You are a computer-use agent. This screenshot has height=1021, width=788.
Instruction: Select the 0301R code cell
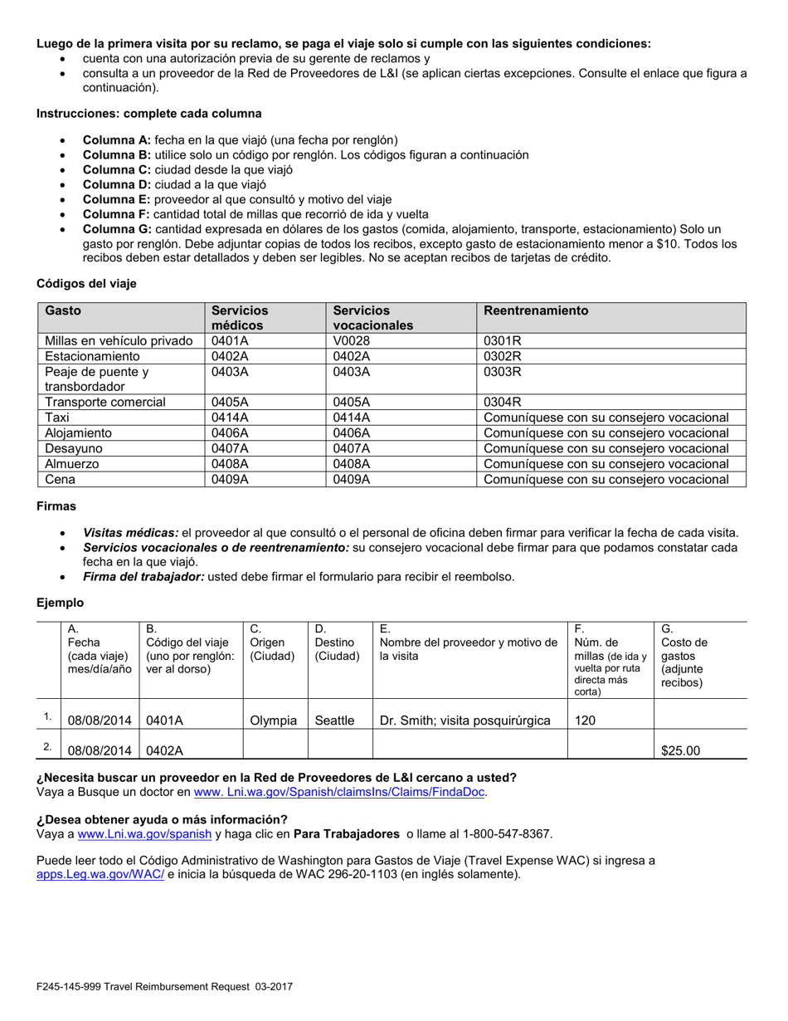(x=503, y=340)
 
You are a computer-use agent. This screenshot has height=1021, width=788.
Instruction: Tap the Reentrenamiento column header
(x=536, y=310)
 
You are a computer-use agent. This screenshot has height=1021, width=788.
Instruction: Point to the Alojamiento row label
(x=78, y=432)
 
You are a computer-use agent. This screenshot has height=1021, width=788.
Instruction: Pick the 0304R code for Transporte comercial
(x=503, y=402)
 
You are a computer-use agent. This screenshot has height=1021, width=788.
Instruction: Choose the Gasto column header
(x=63, y=310)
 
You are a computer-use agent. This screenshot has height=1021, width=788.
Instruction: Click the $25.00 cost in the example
(x=680, y=750)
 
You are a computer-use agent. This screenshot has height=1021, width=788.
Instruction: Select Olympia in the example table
(x=274, y=721)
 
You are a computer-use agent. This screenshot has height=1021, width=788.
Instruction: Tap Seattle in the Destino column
(x=334, y=721)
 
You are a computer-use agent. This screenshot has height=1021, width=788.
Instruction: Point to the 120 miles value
(x=585, y=721)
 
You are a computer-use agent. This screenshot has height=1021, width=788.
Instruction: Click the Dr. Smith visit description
(x=465, y=721)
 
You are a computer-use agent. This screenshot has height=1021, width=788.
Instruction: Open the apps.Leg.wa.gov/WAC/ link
(x=100, y=874)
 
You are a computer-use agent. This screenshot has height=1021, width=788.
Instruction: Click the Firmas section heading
(x=56, y=506)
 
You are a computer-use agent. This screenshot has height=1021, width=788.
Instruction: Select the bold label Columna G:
(x=116, y=229)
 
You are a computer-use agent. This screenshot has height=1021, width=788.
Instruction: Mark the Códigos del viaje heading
(x=86, y=284)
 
